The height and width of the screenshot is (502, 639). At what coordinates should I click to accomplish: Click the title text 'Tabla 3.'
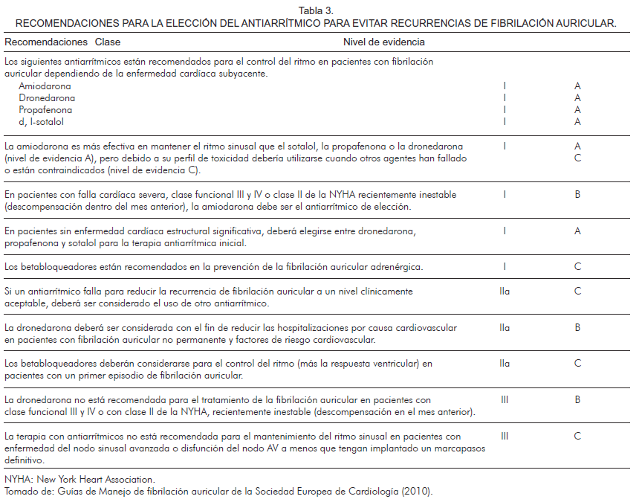click(x=317, y=10)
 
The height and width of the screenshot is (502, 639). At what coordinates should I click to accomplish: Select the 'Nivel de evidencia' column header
click(x=384, y=42)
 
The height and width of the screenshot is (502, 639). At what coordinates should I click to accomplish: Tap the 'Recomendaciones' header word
click(x=46, y=42)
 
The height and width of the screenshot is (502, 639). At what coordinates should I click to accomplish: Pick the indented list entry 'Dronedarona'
click(x=47, y=98)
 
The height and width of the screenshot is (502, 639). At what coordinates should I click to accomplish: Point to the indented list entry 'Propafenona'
click(x=47, y=110)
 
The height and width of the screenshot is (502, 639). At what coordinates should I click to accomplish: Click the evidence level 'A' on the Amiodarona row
click(x=577, y=86)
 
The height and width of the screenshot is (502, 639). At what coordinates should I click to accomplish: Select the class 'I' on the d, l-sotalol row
click(x=505, y=122)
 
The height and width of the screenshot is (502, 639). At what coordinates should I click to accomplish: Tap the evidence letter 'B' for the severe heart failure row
click(x=577, y=195)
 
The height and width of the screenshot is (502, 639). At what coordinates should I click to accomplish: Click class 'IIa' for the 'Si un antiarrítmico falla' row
click(x=505, y=292)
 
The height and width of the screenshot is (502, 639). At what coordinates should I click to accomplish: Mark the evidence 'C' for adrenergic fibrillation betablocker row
click(x=577, y=267)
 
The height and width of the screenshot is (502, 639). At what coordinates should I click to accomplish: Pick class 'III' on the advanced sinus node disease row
click(x=505, y=437)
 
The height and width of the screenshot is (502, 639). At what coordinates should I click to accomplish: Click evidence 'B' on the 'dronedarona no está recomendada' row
click(x=577, y=400)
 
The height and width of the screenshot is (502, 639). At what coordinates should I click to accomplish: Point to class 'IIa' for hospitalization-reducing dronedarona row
click(x=505, y=328)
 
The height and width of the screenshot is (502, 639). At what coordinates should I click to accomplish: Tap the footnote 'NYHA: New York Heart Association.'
click(x=80, y=480)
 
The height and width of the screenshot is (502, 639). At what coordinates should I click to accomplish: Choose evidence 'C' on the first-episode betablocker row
click(x=577, y=364)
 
